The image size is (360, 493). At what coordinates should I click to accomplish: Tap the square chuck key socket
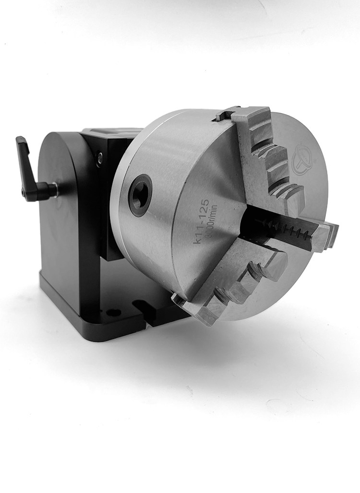tap(141, 195)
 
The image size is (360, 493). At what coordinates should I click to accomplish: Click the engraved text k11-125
tap(201, 223)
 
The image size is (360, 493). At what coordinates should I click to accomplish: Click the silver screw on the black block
tap(100, 156)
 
